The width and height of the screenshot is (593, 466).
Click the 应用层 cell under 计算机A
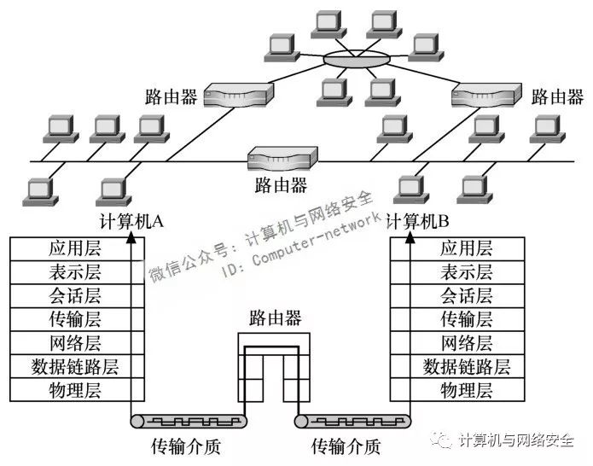pos(77,249)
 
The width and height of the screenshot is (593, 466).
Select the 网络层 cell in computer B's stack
pos(457,343)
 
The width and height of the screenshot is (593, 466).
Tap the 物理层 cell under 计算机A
pos(77,389)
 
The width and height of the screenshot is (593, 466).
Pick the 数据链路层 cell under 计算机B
pos(457,366)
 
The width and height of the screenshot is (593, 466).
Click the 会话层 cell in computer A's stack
pos(77,296)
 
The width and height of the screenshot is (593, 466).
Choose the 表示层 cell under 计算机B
pos(457,272)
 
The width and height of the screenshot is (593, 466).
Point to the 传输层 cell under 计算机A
pos(77,319)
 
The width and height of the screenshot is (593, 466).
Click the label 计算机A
pos(131,221)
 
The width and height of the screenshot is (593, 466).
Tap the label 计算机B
pos(417,221)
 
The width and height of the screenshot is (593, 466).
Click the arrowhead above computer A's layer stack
pos(131,237)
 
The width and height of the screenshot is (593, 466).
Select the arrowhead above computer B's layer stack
pos(410,237)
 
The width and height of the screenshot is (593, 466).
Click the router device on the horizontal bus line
pos(282,159)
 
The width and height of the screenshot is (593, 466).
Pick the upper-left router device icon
pos(238,95)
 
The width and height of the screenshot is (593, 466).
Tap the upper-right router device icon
pos(486,95)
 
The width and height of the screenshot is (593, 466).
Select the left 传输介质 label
pos(186,446)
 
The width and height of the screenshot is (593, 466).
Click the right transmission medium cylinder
pos(353,421)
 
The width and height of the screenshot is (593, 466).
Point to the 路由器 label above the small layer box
pos(275,318)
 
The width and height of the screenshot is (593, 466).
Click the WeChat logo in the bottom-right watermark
pos(441,440)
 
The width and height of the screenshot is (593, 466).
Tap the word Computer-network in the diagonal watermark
pos(317,238)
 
